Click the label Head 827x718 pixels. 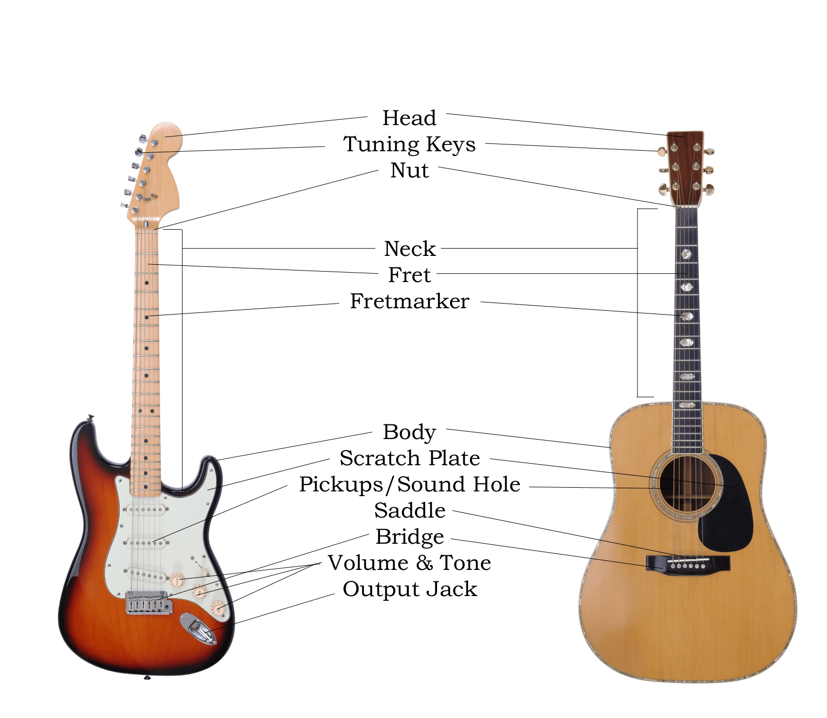click(409, 118)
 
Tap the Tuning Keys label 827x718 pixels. click(409, 144)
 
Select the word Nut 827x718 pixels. click(409, 171)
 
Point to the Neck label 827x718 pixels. click(409, 249)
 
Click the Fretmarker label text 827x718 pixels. click(409, 301)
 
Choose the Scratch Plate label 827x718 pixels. click(409, 458)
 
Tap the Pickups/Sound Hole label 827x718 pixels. click(409, 485)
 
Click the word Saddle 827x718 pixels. click(409, 511)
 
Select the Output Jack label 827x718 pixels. click(409, 589)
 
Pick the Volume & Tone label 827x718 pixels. click(409, 563)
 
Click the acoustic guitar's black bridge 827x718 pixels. click(688, 563)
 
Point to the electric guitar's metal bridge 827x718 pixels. click(149, 602)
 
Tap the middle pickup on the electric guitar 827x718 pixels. click(146, 543)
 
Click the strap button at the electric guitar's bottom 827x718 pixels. click(147, 678)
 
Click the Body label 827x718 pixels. click(409, 432)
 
